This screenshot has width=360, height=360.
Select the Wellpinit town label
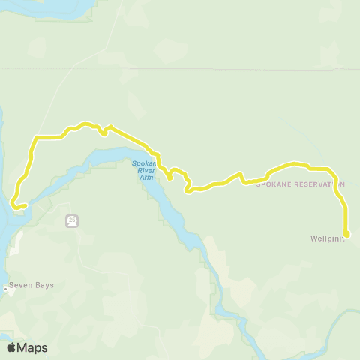pos(327,239)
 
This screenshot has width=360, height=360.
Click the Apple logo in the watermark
pos(11,347)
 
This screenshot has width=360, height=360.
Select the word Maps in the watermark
pos(32,347)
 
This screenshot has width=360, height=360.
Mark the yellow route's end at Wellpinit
pos(347,234)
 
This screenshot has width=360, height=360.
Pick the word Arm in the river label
pos(147,178)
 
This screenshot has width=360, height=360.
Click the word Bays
pos(44,285)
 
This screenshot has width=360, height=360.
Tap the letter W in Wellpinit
pos(314,239)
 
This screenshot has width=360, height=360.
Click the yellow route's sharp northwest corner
pos(34,138)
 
